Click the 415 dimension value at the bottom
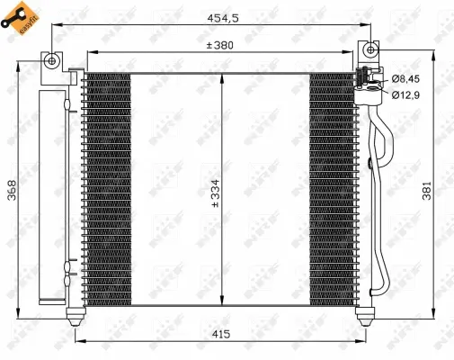click(x=222, y=334)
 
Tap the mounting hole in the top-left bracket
click(x=52, y=60)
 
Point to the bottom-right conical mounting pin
click(x=366, y=316)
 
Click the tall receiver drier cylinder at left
click(x=52, y=193)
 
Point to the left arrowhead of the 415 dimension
click(x=80, y=342)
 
